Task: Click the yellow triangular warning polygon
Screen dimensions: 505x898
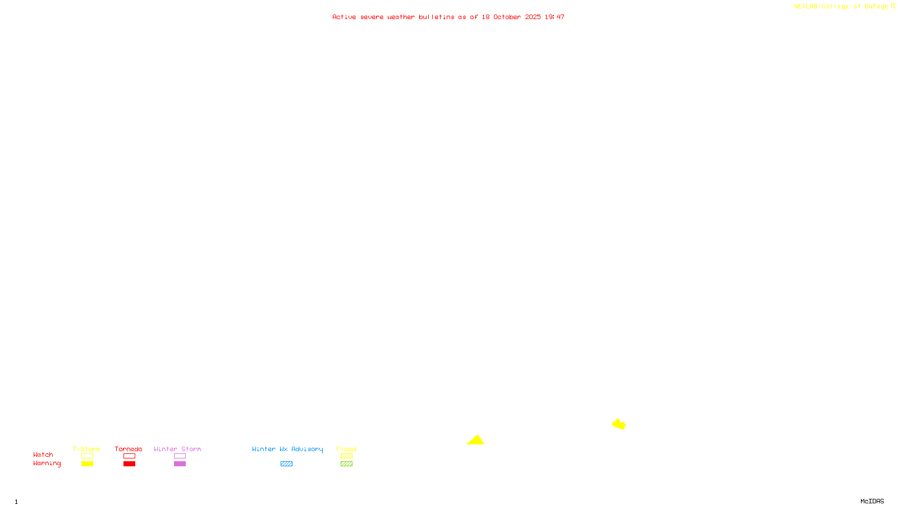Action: (476, 440)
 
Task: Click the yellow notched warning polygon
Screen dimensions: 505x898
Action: (618, 424)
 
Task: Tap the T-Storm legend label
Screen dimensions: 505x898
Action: (86, 449)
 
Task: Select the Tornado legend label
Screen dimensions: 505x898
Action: (129, 449)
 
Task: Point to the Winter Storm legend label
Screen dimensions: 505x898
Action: (177, 449)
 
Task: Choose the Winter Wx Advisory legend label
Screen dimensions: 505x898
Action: (287, 449)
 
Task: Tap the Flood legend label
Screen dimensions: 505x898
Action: (346, 449)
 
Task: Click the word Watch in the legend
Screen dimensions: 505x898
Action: (43, 454)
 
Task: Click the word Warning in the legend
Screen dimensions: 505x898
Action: (47, 463)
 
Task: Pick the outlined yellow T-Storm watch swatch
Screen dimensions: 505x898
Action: (87, 456)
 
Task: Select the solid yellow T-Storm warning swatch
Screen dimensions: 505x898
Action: (87, 464)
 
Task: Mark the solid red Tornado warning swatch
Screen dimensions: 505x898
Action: (130, 464)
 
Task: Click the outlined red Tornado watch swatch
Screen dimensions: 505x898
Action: (130, 456)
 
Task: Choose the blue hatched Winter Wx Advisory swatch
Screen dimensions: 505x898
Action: (286, 464)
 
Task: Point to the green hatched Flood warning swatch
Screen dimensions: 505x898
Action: (346, 464)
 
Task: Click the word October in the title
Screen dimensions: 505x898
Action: (507, 17)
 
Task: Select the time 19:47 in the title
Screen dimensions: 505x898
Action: (555, 17)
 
